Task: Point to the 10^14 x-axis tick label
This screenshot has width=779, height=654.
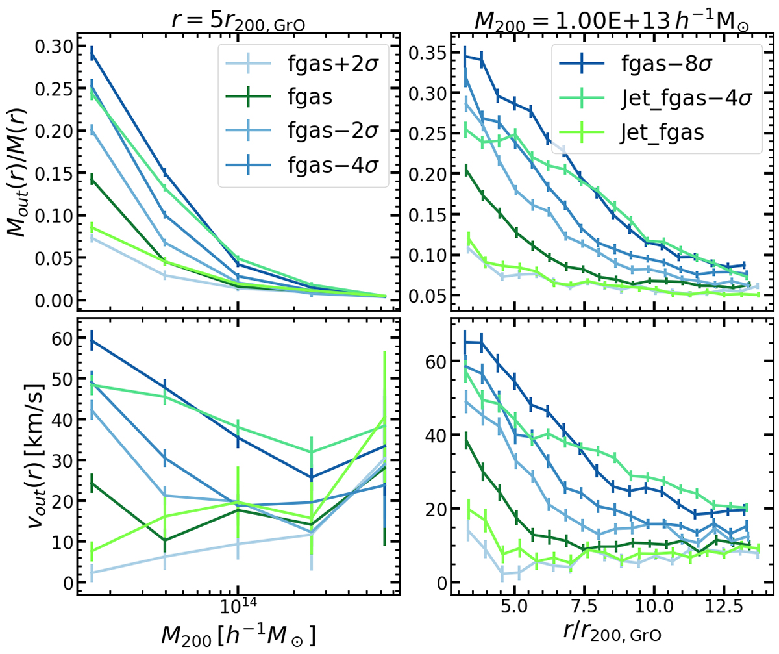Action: click(x=238, y=614)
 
